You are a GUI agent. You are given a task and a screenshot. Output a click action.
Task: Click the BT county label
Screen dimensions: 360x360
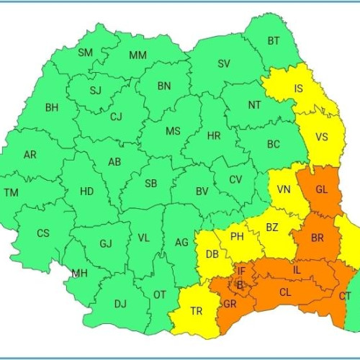tap(274, 41)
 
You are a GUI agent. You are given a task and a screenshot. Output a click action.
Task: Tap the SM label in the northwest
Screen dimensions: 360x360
tap(86, 53)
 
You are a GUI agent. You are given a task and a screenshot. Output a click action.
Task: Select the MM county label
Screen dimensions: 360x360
tap(138, 55)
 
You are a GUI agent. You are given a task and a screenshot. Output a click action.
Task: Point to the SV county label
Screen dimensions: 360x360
tap(224, 64)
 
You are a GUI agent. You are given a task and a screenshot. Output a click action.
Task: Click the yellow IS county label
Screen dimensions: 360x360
tap(298, 90)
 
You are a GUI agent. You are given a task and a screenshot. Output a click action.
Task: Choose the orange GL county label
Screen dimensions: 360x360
tap(321, 189)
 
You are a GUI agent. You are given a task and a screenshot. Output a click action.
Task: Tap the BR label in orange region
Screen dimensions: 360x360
tap(318, 238)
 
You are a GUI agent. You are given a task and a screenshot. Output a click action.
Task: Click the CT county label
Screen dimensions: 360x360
tap(345, 296)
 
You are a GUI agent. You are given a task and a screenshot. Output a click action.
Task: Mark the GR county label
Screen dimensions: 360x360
tap(230, 303)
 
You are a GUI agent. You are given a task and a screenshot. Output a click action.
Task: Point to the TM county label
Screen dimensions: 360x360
tap(11, 192)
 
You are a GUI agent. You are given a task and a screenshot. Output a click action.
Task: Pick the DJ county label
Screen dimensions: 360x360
tap(120, 303)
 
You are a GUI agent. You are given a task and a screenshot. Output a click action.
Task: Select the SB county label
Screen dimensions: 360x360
tap(150, 184)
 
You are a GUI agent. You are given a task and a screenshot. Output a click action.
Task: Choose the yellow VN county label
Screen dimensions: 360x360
tap(284, 189)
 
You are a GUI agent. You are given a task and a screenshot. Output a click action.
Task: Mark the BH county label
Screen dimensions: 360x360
tap(52, 108)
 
